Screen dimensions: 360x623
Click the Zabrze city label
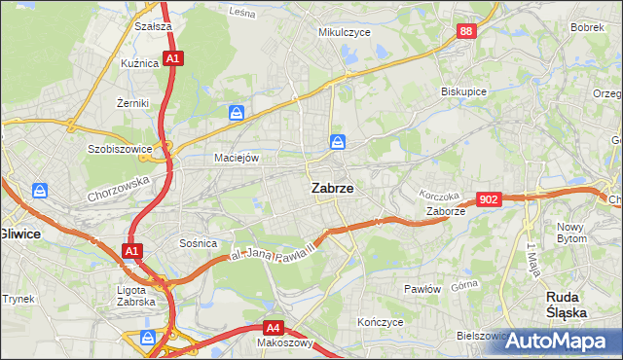point(331,190)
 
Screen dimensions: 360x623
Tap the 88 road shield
point(467,32)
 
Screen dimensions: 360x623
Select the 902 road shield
point(490,199)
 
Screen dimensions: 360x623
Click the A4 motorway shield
point(275,328)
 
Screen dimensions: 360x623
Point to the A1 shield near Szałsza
point(172,59)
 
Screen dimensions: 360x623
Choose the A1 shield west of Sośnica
point(132,252)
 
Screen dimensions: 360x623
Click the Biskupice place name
point(463,91)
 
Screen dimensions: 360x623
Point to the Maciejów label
point(237,158)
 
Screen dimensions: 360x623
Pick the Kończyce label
point(380,321)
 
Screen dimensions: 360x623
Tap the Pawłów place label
point(423,289)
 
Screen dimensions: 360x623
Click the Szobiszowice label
point(122,150)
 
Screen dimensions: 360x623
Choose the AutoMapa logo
point(560,341)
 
